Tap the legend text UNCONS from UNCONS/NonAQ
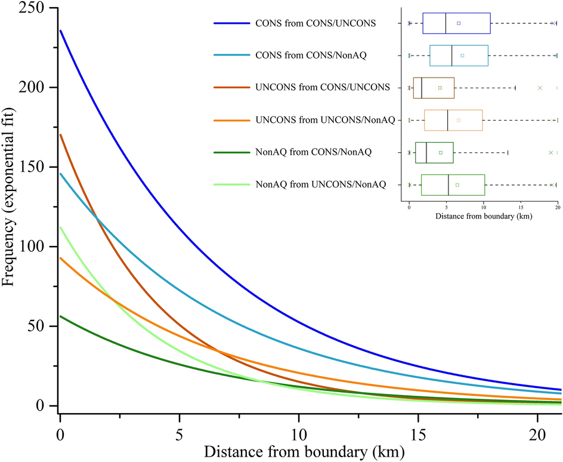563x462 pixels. click(x=325, y=120)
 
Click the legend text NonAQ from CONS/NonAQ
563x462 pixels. click(x=313, y=152)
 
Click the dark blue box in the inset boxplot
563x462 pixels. click(x=456, y=23)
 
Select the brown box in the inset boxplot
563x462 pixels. click(x=434, y=88)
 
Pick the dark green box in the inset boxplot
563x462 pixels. click(x=434, y=152)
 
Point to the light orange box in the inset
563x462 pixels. click(x=453, y=120)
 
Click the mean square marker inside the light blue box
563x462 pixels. click(x=462, y=56)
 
